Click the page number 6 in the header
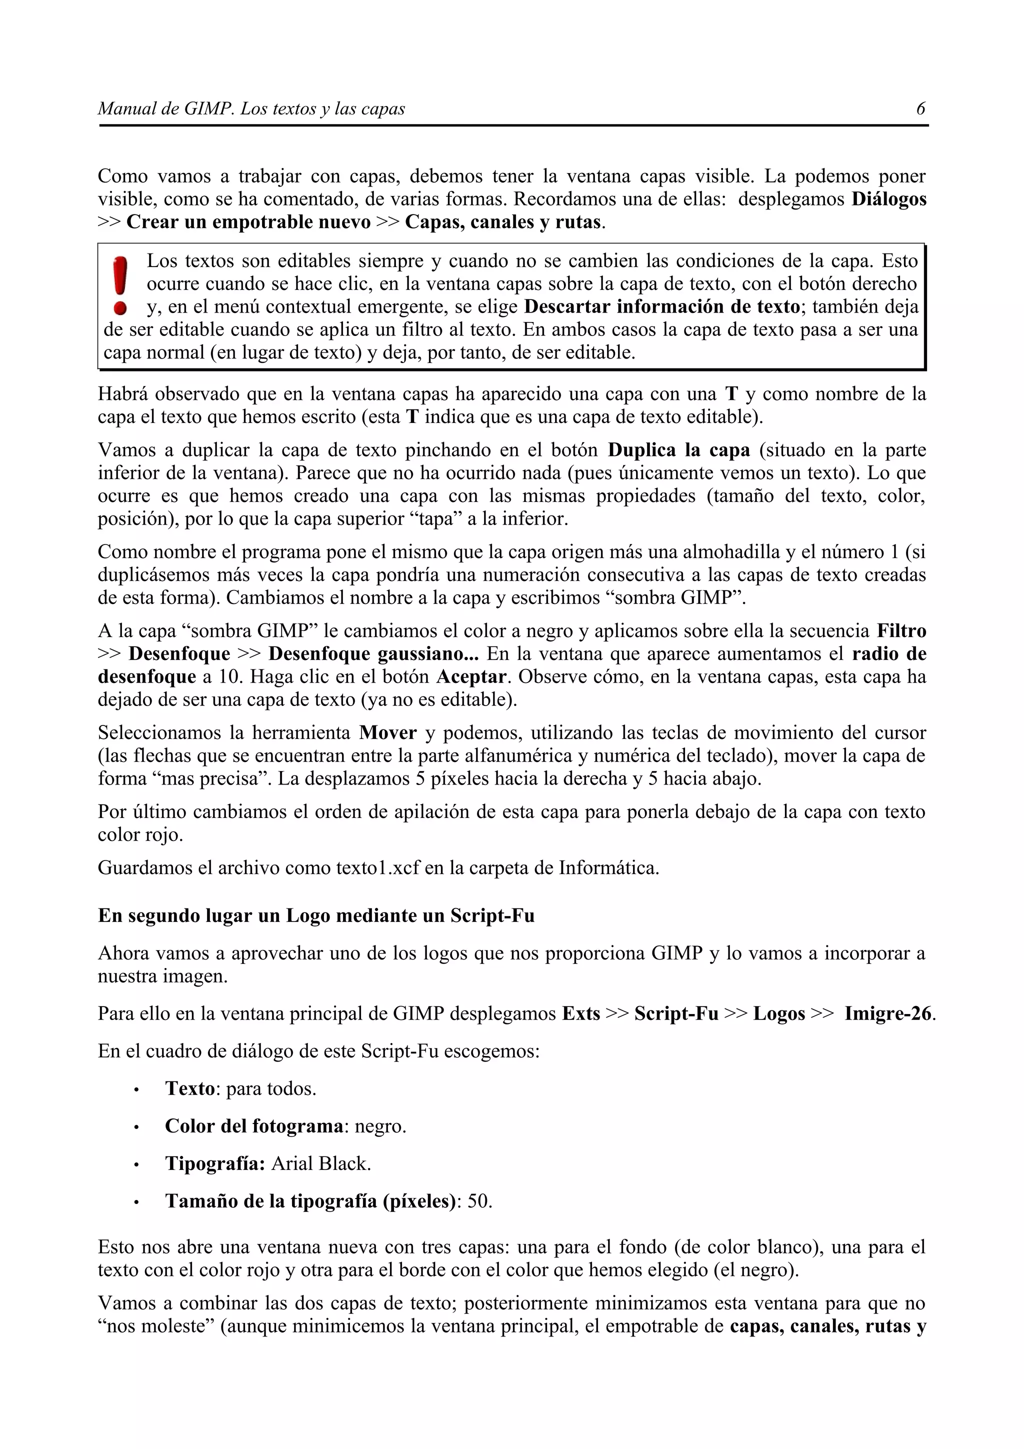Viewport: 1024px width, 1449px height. tap(920, 108)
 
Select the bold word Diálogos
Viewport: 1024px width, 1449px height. tap(888, 199)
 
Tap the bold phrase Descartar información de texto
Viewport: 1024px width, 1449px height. tap(662, 306)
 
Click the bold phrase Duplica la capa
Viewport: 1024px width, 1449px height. tap(679, 450)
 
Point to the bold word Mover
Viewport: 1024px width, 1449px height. tap(387, 732)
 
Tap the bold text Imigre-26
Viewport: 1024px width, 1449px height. tap(887, 1014)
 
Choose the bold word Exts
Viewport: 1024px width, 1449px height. tap(580, 1014)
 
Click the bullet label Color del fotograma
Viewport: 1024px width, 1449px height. tap(253, 1126)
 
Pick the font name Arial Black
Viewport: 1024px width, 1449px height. tap(321, 1163)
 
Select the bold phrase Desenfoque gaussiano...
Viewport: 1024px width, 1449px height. tap(373, 654)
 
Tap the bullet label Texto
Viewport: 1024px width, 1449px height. tap(190, 1088)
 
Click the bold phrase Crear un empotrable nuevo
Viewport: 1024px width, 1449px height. tap(248, 222)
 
